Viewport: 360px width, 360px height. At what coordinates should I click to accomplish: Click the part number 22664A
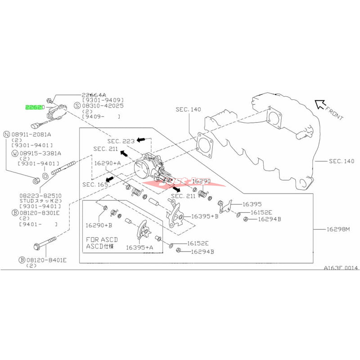click(x=94, y=95)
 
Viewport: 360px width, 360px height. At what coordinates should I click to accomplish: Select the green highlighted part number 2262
click(x=34, y=108)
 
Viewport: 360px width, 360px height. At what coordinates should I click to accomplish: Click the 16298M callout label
click(x=338, y=229)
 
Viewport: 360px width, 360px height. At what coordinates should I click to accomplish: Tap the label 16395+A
click(x=139, y=247)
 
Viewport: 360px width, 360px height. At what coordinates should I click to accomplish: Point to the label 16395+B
click(x=205, y=216)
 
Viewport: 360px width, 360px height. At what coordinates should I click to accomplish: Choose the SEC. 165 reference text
click(x=95, y=184)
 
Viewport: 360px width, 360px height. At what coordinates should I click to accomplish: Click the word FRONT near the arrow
click(x=333, y=115)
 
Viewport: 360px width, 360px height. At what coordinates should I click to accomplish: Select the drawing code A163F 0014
click(x=340, y=268)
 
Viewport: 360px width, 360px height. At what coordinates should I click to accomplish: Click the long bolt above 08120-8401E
click(x=45, y=243)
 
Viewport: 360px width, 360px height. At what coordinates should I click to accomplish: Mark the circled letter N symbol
click(x=6, y=134)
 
